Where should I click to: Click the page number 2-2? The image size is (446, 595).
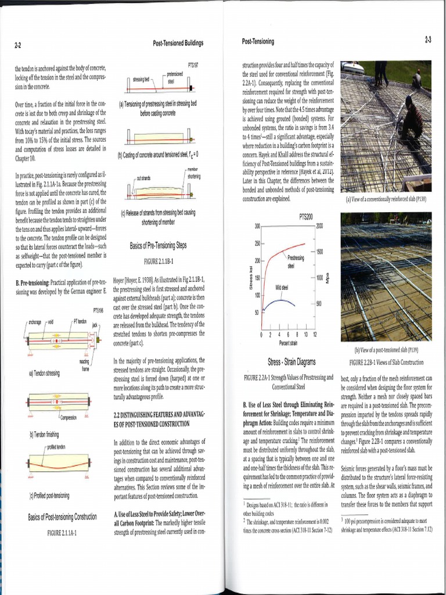tap(18, 45)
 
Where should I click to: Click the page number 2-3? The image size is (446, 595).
tap(427, 40)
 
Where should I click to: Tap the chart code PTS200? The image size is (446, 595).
tap(306, 217)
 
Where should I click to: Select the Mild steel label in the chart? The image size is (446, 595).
tap(282, 287)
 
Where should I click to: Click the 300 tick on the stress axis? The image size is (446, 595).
tap(257, 225)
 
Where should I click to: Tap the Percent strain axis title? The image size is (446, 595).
tap(288, 343)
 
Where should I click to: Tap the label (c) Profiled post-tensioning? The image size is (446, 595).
tap(49, 496)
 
